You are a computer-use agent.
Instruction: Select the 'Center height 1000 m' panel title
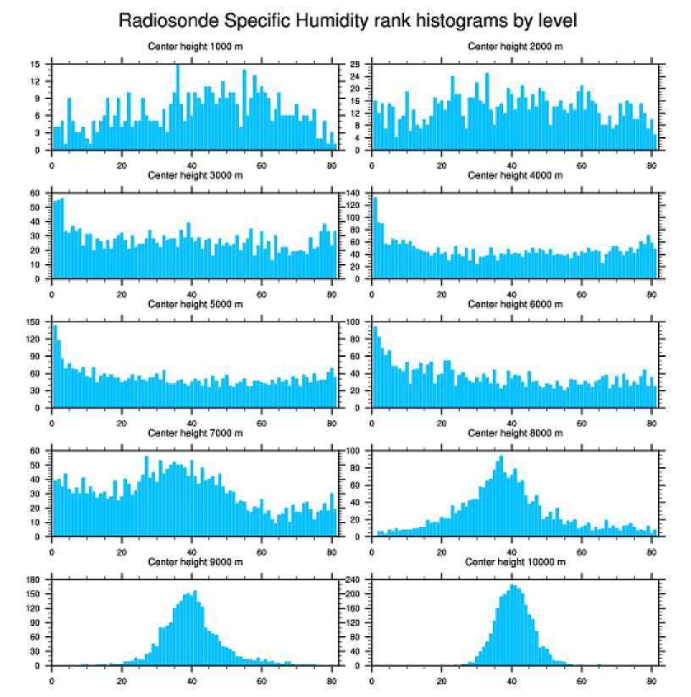(195, 47)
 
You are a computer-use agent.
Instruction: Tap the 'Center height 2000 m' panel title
(515, 47)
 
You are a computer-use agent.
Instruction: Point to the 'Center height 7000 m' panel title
(195, 433)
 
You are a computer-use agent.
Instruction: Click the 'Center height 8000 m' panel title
(515, 433)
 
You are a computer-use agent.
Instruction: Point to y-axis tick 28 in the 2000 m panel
(357, 64)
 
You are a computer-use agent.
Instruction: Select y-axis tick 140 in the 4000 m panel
(354, 193)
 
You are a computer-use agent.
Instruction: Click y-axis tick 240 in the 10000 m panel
(354, 579)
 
